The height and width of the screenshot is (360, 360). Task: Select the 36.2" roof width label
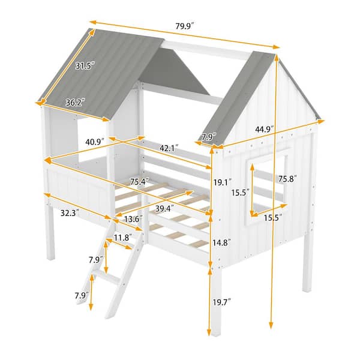[x=74, y=103]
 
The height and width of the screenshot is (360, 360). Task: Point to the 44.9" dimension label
[x=264, y=128]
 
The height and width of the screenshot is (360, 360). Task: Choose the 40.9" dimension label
[x=95, y=142]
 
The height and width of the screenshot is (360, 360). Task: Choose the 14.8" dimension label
[x=223, y=242]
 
